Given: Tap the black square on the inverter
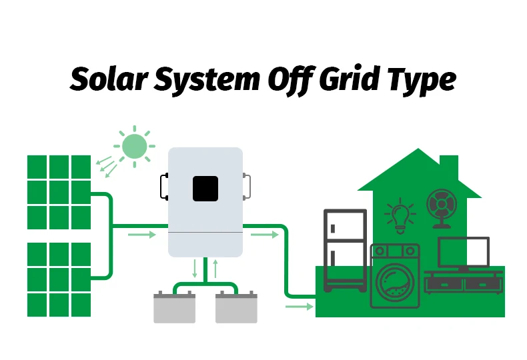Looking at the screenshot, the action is pyautogui.click(x=205, y=188).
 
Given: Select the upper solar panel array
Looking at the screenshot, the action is pyautogui.click(x=59, y=192).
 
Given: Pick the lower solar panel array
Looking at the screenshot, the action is pyautogui.click(x=59, y=279).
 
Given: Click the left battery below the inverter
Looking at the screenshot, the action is pyautogui.click(x=174, y=307).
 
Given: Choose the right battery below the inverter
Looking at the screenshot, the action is pyautogui.click(x=236, y=307).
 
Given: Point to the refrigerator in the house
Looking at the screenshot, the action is pyautogui.click(x=345, y=250).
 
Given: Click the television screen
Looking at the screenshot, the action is pyautogui.click(x=463, y=252).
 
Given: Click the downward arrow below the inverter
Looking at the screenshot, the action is pyautogui.click(x=195, y=269).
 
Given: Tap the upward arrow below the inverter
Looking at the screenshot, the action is pyautogui.click(x=215, y=269).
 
